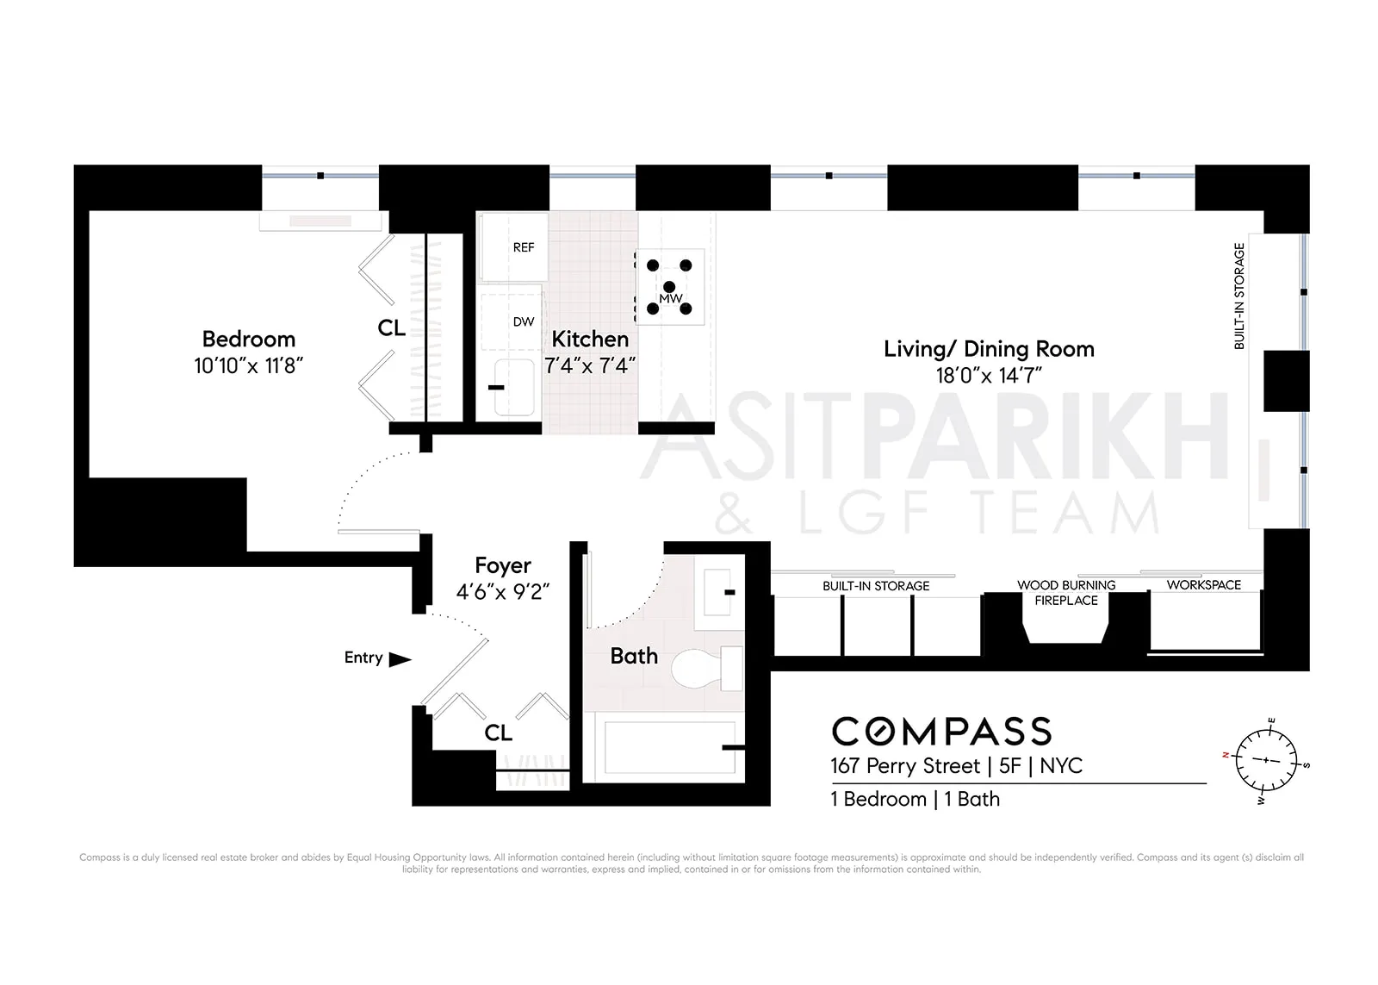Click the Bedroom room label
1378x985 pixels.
click(248, 339)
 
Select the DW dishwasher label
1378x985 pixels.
click(523, 321)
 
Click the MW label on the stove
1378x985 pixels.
click(670, 298)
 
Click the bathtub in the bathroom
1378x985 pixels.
click(663, 747)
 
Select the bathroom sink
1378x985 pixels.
click(719, 592)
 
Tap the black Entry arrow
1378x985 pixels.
click(400, 659)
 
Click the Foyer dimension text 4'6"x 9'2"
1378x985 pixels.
click(503, 591)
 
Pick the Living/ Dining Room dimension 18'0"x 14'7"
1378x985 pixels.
click(989, 375)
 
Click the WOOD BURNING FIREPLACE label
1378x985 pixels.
click(1066, 592)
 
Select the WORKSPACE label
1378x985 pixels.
click(1203, 584)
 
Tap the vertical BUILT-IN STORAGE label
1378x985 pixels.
click(1239, 296)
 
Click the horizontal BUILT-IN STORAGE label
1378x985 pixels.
click(876, 586)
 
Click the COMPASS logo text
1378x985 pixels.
click(941, 732)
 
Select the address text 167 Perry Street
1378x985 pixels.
click(905, 766)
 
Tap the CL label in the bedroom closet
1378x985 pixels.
click(391, 327)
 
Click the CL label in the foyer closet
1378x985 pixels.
click(498, 733)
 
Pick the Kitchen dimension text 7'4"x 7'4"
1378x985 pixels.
click(590, 365)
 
